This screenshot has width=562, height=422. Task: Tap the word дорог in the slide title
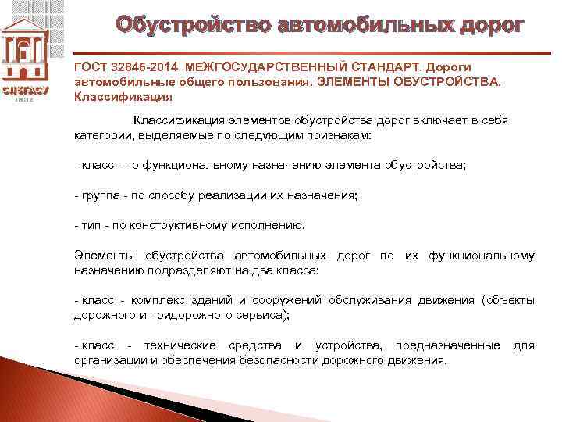pos(482,26)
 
